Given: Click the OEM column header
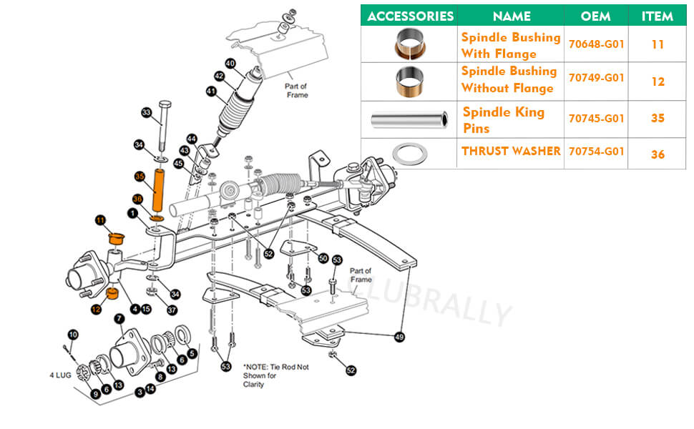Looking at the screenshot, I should (596, 16).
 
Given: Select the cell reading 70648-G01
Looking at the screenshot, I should (596, 44).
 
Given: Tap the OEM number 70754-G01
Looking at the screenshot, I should (596, 152).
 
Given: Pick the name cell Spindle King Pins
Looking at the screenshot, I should (504, 120).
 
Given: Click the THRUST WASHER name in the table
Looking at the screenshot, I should (511, 152).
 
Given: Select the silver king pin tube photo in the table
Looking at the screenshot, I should (409, 118).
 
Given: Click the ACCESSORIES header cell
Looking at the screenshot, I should (410, 16).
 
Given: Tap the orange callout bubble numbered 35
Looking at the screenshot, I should (140, 176).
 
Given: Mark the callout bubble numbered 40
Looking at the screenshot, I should (230, 63).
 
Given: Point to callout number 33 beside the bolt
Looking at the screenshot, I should (146, 113).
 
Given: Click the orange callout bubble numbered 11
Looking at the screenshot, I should (100, 220).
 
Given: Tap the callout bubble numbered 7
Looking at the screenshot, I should (119, 318).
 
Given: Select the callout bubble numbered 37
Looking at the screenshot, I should (172, 310).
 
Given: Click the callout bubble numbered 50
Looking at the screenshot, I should (323, 257).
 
